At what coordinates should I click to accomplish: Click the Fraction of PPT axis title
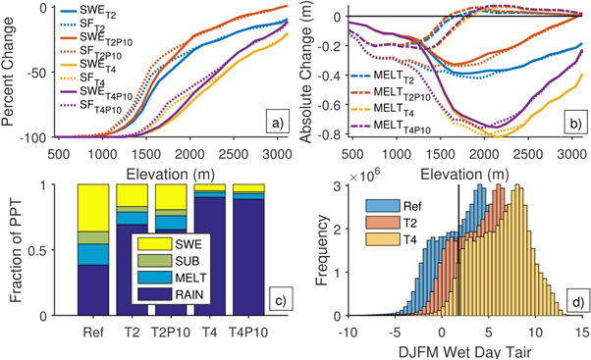pyautogui.click(x=11, y=249)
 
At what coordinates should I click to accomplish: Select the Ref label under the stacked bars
pyautogui.click(x=93, y=332)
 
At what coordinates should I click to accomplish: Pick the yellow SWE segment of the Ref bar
pyautogui.click(x=93, y=207)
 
